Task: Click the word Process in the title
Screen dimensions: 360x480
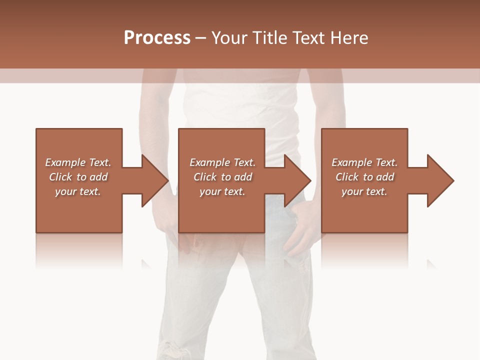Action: [x=157, y=38]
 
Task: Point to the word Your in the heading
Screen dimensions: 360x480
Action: [x=230, y=38]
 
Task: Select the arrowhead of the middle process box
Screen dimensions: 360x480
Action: [x=297, y=180]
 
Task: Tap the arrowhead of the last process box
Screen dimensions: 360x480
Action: [x=440, y=180]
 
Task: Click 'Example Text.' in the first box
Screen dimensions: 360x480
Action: [x=78, y=162]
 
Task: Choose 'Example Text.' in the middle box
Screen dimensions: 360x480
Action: [x=222, y=162]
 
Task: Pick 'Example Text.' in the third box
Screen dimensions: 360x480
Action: [x=364, y=162]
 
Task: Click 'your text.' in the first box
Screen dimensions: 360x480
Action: [x=78, y=191]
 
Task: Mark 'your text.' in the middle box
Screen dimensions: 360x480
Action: [x=222, y=191]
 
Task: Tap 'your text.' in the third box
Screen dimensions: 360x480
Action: [x=364, y=191]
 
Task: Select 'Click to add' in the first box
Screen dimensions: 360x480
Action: [x=78, y=177]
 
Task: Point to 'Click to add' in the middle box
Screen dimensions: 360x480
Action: [x=223, y=177]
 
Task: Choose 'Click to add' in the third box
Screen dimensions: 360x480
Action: [x=365, y=177]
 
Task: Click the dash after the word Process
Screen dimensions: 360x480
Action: [x=201, y=38]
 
